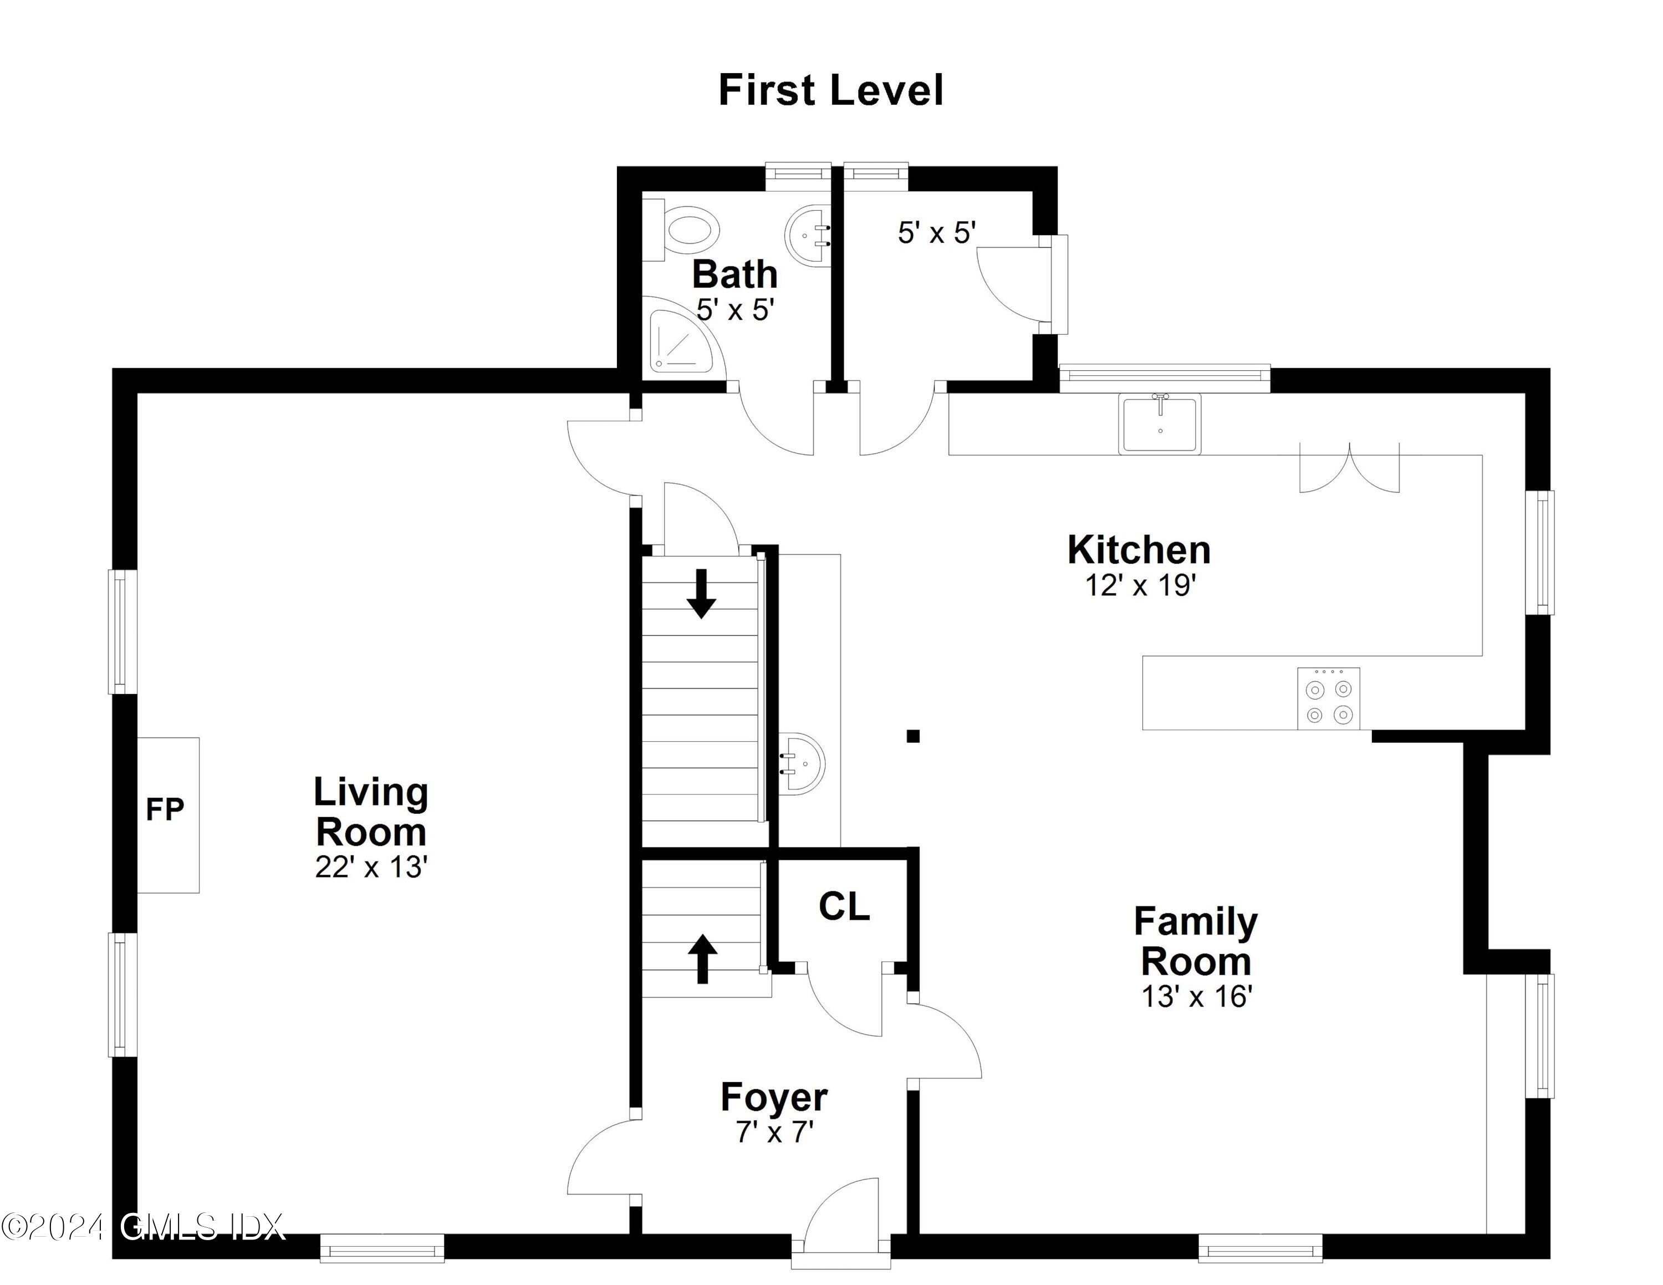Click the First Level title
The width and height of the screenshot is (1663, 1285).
click(x=831, y=90)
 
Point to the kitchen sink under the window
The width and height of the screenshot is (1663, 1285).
click(x=1159, y=424)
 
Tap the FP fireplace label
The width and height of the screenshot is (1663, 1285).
click(x=165, y=810)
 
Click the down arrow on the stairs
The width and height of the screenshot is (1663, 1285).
click(x=701, y=594)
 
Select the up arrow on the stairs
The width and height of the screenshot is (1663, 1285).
click(x=702, y=958)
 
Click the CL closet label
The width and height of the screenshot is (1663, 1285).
click(x=844, y=906)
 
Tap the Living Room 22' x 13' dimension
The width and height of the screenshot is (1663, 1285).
click(x=371, y=867)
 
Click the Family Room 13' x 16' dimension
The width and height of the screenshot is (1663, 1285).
click(x=1196, y=997)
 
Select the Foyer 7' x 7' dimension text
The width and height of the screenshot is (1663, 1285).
click(x=774, y=1133)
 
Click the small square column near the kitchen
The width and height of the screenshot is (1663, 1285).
click(x=913, y=736)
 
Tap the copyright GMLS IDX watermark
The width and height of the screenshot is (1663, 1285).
click(x=142, y=1226)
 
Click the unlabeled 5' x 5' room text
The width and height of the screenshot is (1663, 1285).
click(x=936, y=233)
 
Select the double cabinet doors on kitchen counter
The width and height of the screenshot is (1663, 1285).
click(x=1349, y=468)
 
